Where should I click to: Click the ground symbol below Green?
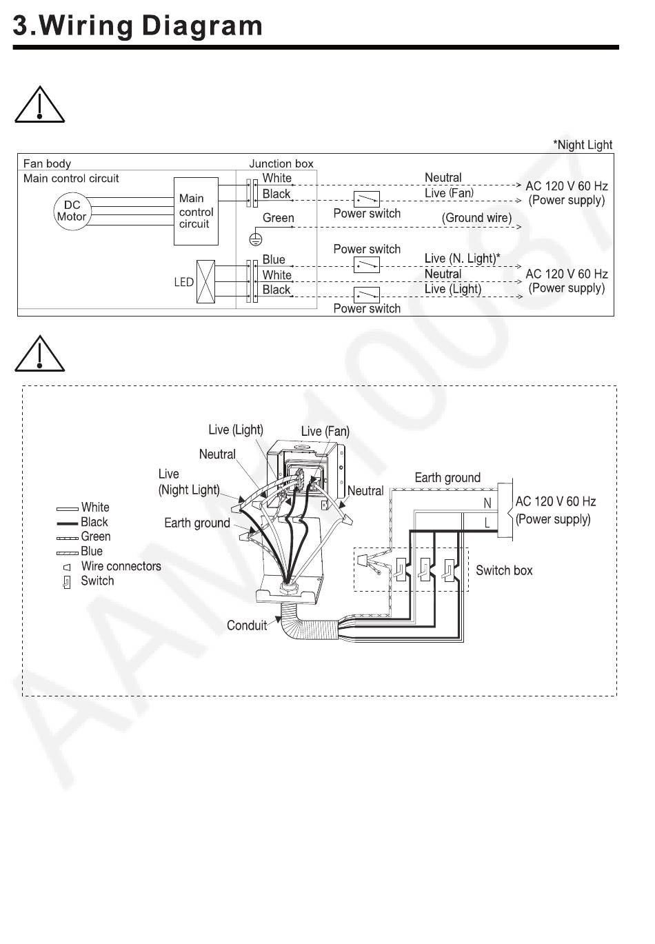(255, 239)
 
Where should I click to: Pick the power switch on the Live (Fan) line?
(366, 199)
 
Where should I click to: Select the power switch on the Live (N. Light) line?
(366, 265)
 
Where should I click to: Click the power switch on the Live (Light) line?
(366, 295)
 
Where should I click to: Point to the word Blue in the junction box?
(274, 259)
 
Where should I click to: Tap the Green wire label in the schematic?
(278, 218)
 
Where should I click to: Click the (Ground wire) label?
(476, 218)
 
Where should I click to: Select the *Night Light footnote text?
(583, 145)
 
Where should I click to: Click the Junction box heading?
(281, 163)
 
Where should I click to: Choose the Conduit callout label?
(247, 625)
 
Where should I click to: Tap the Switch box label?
(504, 571)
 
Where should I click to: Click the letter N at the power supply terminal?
(487, 503)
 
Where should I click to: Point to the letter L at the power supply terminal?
(487, 523)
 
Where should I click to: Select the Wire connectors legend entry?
(121, 566)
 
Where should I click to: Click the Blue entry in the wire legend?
(92, 551)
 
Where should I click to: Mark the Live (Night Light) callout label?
(189, 482)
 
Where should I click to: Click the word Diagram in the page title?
(202, 26)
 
